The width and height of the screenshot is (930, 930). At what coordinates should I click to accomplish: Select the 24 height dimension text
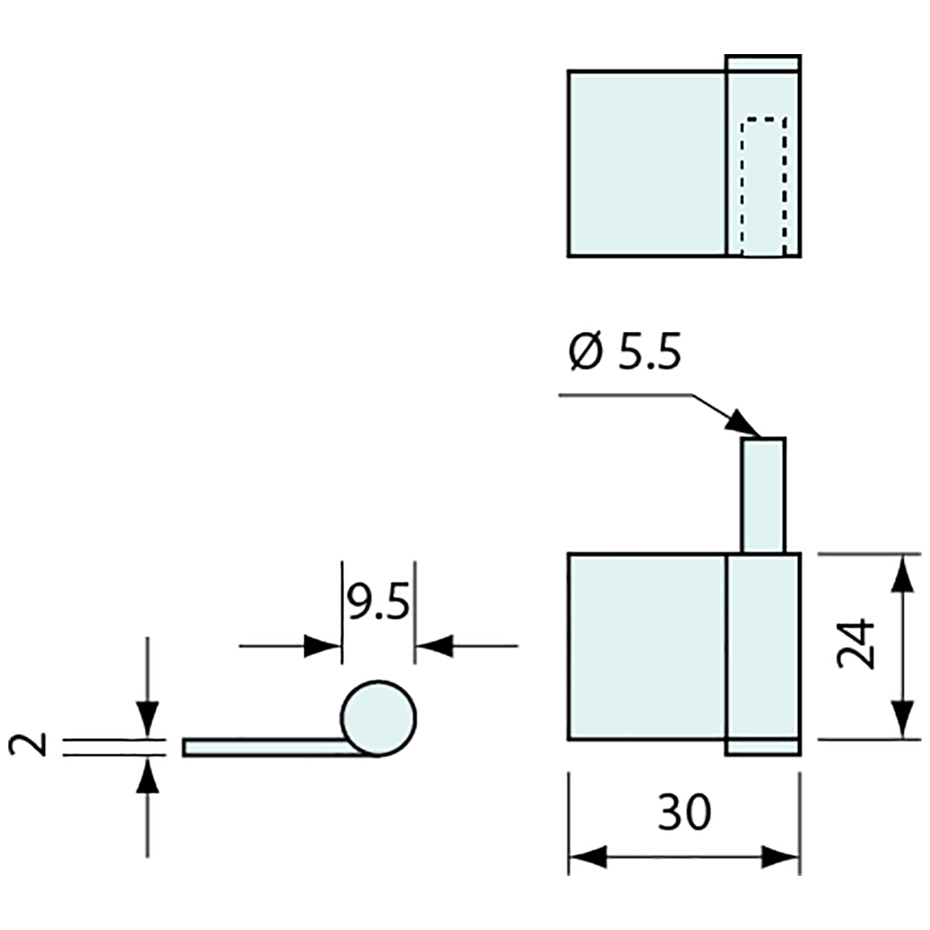(856, 646)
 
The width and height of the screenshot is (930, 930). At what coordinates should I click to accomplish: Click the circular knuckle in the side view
(378, 718)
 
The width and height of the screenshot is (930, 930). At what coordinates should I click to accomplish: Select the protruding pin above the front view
(763, 495)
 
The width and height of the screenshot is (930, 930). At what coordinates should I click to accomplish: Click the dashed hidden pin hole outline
(763, 186)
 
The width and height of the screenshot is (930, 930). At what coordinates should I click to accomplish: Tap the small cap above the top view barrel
(763, 63)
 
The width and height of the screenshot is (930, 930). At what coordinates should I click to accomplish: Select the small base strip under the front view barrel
(763, 747)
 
